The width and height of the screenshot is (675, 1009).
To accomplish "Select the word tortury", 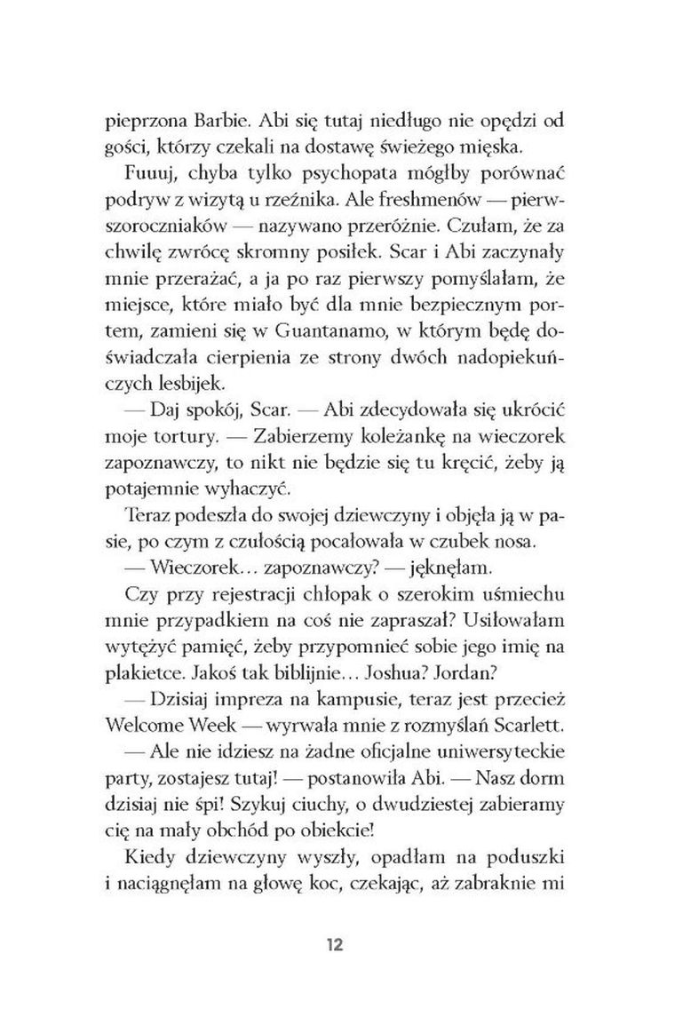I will pyautogui.click(x=192, y=439).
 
